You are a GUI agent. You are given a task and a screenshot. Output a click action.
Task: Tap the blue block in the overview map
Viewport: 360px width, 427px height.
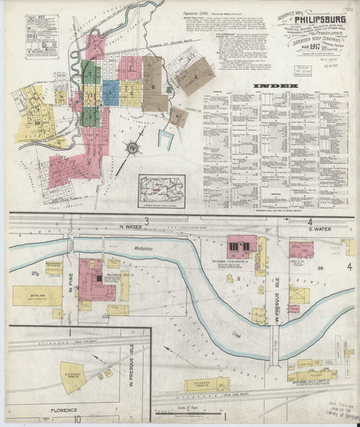[x=112, y=92]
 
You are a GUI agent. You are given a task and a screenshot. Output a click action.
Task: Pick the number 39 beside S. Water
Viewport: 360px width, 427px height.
[x=321, y=267]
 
